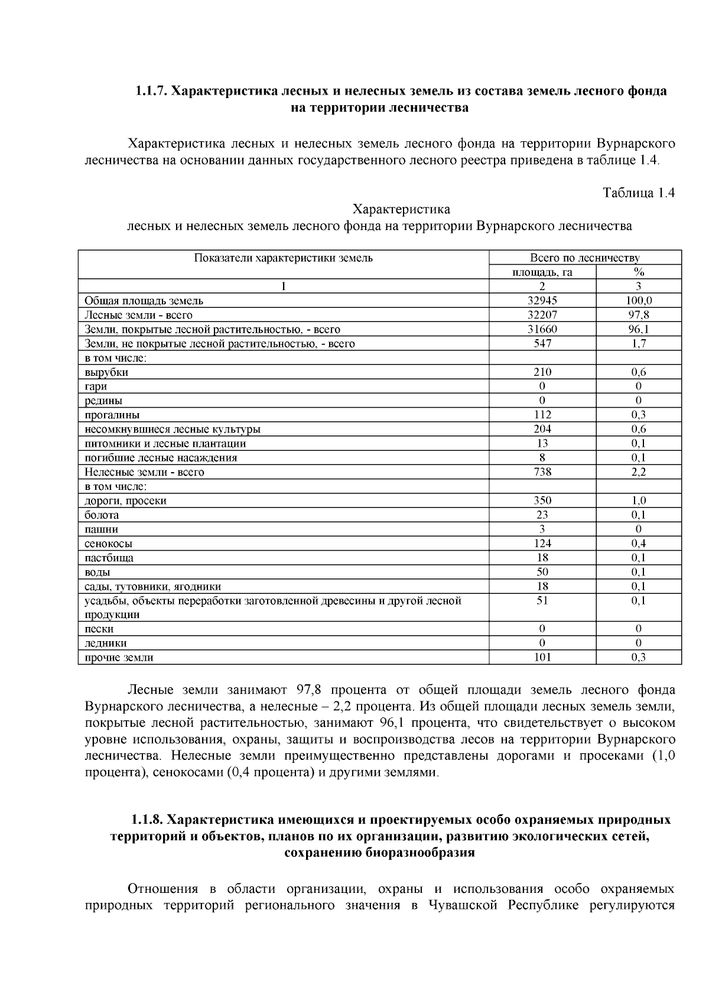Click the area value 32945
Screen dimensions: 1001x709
542,301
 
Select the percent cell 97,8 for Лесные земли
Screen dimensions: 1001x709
639,315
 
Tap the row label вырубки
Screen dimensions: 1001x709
106,372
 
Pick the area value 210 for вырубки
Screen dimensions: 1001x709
542,372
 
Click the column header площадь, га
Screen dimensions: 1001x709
542,272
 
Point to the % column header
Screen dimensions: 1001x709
639,272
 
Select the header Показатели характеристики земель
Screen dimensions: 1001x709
284,258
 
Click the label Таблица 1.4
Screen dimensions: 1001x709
638,193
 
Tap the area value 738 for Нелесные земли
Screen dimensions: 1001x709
542,472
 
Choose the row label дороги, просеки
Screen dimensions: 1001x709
125,500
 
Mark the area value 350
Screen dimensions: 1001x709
542,500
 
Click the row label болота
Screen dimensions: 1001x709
102,515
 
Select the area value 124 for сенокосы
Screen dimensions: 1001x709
542,544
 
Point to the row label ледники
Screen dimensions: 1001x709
106,643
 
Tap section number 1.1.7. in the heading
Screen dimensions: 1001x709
152,91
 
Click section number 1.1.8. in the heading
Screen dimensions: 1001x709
147,820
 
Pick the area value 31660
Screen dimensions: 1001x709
542,330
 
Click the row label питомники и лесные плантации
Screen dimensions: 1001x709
165,444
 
